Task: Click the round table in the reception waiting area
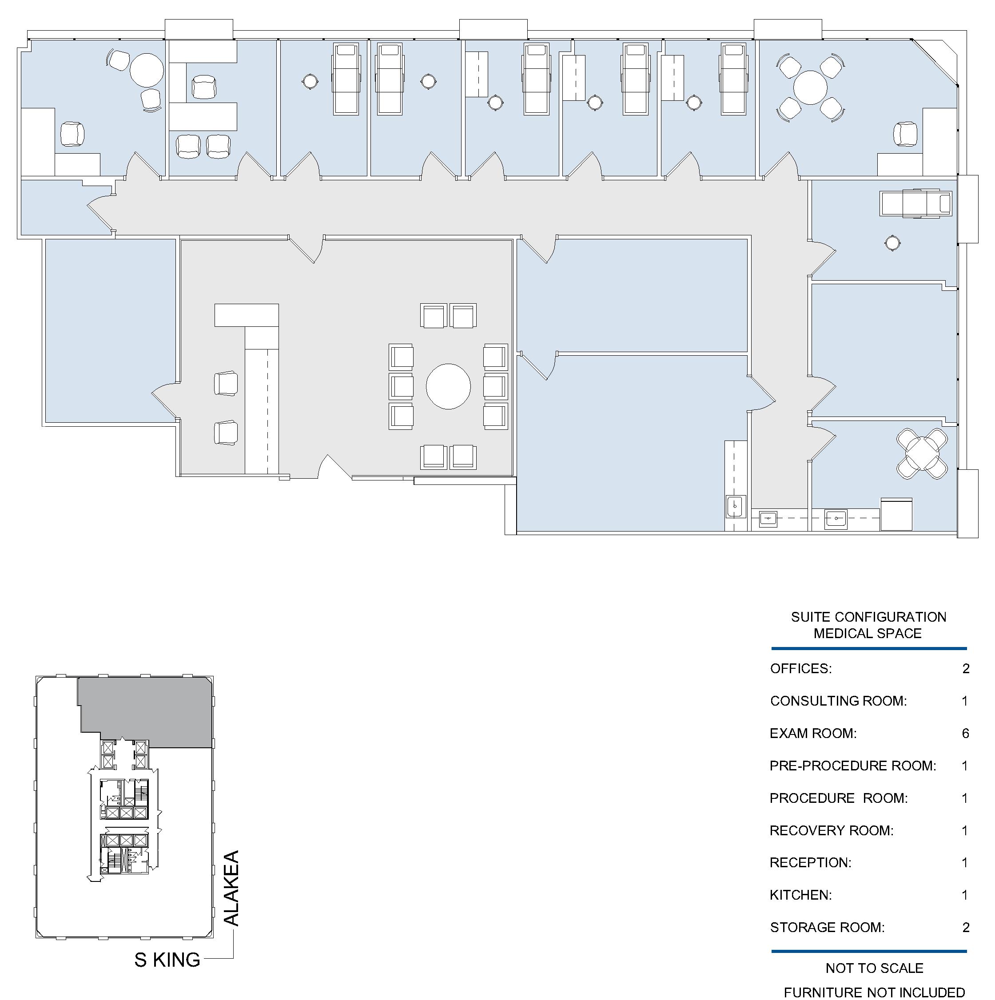tap(448, 386)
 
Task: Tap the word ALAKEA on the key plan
tap(231, 888)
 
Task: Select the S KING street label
tap(167, 960)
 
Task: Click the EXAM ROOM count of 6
tap(965, 733)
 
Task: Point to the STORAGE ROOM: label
tap(827, 927)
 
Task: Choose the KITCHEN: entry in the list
tap(800, 895)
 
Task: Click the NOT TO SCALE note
tap(874, 968)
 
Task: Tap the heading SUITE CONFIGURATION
tap(868, 617)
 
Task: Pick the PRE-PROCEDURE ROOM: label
tap(853, 766)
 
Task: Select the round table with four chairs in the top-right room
tap(811, 87)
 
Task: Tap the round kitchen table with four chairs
tap(922, 453)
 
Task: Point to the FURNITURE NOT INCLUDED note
tap(874, 992)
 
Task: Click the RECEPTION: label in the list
tap(810, 862)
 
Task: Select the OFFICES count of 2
tap(966, 668)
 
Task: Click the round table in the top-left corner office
tap(147, 70)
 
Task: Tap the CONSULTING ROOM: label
tap(838, 701)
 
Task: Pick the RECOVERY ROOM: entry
tap(832, 830)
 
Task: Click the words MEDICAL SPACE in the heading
tap(868, 633)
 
